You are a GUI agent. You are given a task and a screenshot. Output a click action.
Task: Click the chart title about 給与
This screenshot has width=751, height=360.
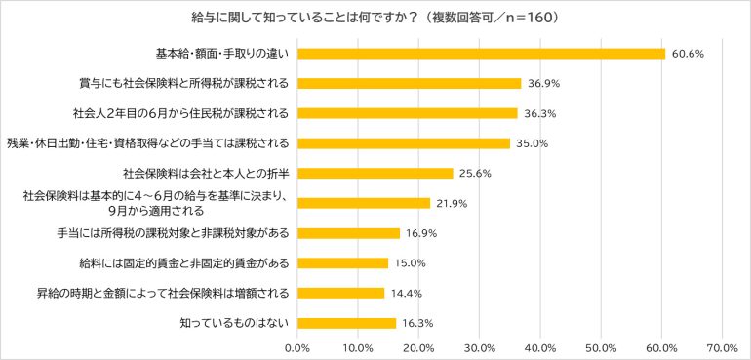[375, 18]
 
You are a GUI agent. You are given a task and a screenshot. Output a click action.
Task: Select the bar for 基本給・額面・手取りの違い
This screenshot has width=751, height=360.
[482, 54]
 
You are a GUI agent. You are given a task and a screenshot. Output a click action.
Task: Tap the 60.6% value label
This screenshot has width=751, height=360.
[688, 54]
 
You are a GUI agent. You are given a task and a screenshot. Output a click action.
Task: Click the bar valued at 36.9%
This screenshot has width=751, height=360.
[410, 83]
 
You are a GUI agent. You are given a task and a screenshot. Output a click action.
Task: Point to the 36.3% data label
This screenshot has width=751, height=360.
[540, 113]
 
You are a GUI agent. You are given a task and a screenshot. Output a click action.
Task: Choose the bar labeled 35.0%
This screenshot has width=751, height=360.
[404, 143]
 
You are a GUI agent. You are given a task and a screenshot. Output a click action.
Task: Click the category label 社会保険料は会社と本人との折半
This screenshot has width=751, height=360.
[207, 173]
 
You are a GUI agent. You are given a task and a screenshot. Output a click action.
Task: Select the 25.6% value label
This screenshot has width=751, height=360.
[475, 174]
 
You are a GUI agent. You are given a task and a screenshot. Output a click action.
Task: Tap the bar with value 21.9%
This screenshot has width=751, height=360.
[364, 203]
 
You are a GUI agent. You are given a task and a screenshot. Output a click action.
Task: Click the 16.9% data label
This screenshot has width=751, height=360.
[421, 233]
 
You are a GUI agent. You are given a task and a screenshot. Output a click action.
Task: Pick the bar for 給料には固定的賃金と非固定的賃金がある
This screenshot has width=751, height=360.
[343, 263]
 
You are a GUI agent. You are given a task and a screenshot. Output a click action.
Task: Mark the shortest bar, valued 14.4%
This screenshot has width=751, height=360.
[341, 293]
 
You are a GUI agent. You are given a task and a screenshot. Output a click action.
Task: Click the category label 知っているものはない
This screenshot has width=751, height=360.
[235, 323]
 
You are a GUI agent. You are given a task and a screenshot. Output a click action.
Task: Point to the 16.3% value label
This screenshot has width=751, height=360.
[417, 323]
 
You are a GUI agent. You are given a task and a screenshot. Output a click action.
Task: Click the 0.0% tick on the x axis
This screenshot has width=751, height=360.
[297, 347]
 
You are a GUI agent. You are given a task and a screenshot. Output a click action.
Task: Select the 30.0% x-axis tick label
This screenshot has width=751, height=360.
[480, 347]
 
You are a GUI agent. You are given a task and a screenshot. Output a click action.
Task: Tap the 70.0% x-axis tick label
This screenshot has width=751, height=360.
[723, 347]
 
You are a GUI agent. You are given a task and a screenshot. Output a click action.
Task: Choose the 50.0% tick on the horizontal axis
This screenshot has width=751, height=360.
[601, 347]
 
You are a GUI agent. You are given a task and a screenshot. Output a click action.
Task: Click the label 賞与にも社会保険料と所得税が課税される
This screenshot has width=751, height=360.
[184, 83]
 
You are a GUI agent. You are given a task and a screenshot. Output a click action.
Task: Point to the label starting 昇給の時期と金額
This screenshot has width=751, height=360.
[163, 293]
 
